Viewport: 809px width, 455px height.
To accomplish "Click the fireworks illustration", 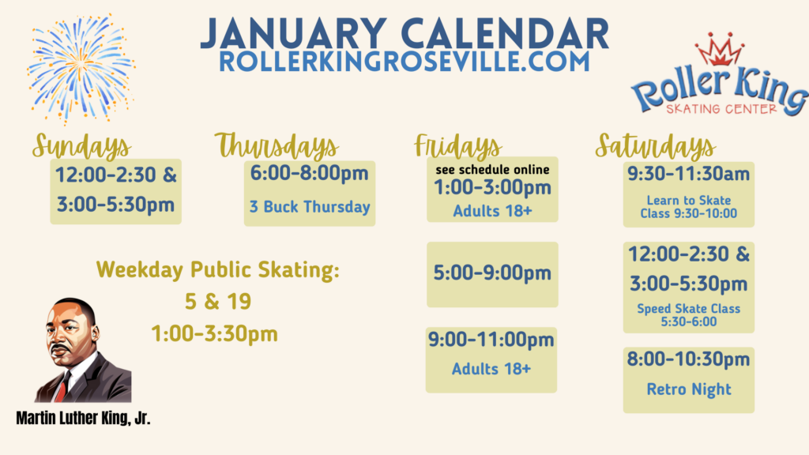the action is (81, 68).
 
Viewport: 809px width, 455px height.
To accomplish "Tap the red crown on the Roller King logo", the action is (719, 50).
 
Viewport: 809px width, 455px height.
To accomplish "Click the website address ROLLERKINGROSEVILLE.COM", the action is (404, 62).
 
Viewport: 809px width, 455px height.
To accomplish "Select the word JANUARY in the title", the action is (293, 34).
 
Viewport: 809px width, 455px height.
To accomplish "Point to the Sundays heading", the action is (81, 146).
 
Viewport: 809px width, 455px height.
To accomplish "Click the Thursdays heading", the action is (277, 145).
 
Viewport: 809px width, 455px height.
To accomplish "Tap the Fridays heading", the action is (457, 146).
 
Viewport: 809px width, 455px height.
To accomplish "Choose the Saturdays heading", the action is (655, 146).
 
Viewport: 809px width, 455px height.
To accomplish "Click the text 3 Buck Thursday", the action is (310, 207).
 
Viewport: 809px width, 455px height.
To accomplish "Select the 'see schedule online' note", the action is (492, 170).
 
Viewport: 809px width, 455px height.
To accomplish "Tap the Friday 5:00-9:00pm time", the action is (492, 273).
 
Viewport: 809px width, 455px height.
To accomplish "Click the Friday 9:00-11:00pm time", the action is (491, 340).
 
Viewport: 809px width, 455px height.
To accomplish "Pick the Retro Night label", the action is (689, 389).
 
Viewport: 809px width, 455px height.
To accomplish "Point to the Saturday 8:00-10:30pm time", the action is (688, 359).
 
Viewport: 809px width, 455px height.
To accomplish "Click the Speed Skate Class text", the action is (689, 309).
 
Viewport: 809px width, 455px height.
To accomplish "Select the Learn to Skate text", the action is (689, 200).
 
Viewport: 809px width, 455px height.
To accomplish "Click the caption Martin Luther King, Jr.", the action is (83, 419).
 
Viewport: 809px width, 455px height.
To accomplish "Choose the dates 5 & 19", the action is (218, 302).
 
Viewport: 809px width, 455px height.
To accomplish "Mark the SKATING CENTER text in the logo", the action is (721, 109).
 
